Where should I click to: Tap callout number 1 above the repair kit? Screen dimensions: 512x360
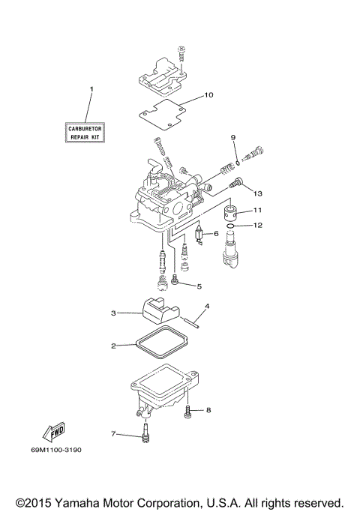[91, 90]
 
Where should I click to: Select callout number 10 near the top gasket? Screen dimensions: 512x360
[208, 95]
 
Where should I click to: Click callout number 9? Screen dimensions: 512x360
[233, 137]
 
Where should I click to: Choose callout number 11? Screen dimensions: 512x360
[257, 210]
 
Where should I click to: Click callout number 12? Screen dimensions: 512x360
[257, 225]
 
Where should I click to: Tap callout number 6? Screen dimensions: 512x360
[216, 234]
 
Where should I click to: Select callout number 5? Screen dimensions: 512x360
[199, 286]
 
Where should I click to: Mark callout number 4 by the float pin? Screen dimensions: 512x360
[207, 306]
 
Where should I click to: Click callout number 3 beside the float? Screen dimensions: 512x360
[114, 313]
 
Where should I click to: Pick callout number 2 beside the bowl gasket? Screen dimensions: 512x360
[114, 346]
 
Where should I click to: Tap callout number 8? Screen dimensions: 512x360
[208, 409]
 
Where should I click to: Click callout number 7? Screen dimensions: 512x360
[114, 434]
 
